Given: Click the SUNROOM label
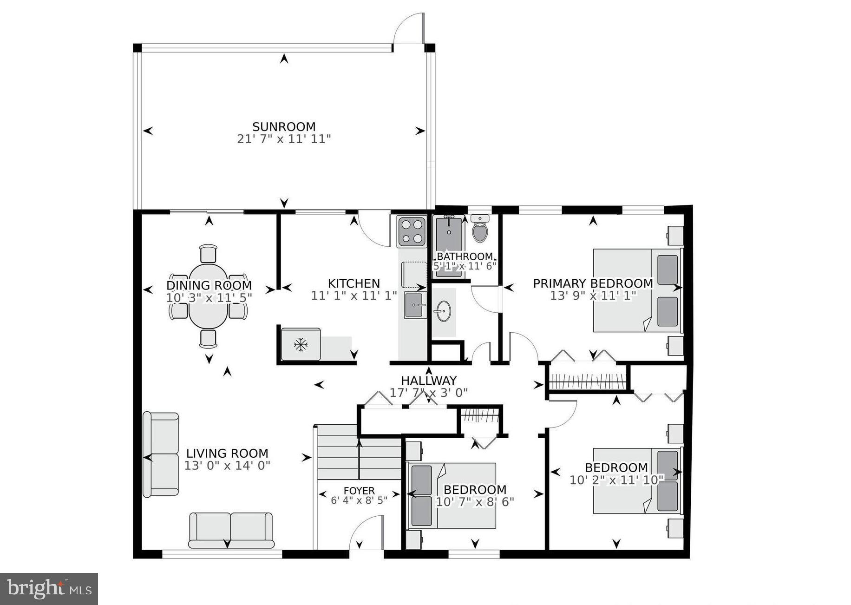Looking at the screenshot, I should click(284, 126).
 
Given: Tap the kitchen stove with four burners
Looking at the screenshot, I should click(412, 231).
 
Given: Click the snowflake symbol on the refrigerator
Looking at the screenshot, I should click(301, 345).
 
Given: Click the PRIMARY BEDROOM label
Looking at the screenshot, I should click(593, 283).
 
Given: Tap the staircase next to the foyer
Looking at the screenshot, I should click(358, 452).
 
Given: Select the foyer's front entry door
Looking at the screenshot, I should click(367, 534).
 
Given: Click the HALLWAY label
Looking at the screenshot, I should click(429, 381).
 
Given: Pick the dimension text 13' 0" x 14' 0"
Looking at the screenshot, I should click(227, 465).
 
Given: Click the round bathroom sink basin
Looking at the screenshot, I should click(443, 310).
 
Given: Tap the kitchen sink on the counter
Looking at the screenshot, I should click(415, 305).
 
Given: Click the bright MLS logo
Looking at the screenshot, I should click(49, 589).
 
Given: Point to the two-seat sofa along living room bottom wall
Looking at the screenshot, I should click(231, 530).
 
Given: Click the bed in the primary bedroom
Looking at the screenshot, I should click(636, 290).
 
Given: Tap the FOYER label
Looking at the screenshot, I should click(359, 491).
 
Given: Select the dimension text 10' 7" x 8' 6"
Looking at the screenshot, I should click(475, 502).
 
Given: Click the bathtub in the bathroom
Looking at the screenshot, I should click(448, 246).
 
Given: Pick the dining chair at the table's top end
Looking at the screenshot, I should click(208, 254).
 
